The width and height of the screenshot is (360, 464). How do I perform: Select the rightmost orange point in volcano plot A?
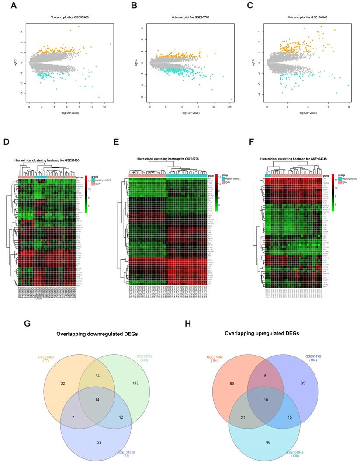pos(111,44)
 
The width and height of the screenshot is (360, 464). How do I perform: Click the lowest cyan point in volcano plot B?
pos(231,99)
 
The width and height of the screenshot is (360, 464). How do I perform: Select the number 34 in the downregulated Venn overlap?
pos(97,376)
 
